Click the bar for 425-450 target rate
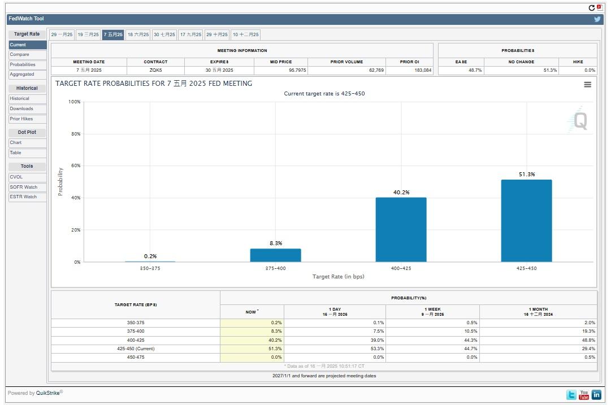point(526,221)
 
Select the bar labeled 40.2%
point(401,230)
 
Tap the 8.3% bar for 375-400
point(275,255)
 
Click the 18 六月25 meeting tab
point(138,34)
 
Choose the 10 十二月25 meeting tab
point(245,34)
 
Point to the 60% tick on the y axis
point(75,166)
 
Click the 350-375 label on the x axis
point(150,268)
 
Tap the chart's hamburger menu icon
point(587,84)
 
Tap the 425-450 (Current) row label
point(135,349)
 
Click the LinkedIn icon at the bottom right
point(596,395)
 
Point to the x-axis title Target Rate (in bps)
point(338,277)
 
